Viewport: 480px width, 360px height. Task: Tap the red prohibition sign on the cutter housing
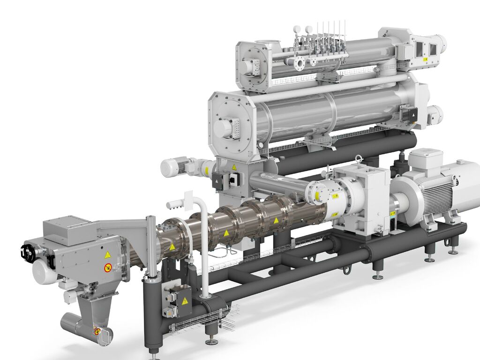coord(107,268)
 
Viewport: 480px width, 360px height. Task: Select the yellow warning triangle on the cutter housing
coord(107,255)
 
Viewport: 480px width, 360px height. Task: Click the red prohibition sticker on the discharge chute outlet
coord(97,331)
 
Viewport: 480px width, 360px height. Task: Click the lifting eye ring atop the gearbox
coord(359,159)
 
